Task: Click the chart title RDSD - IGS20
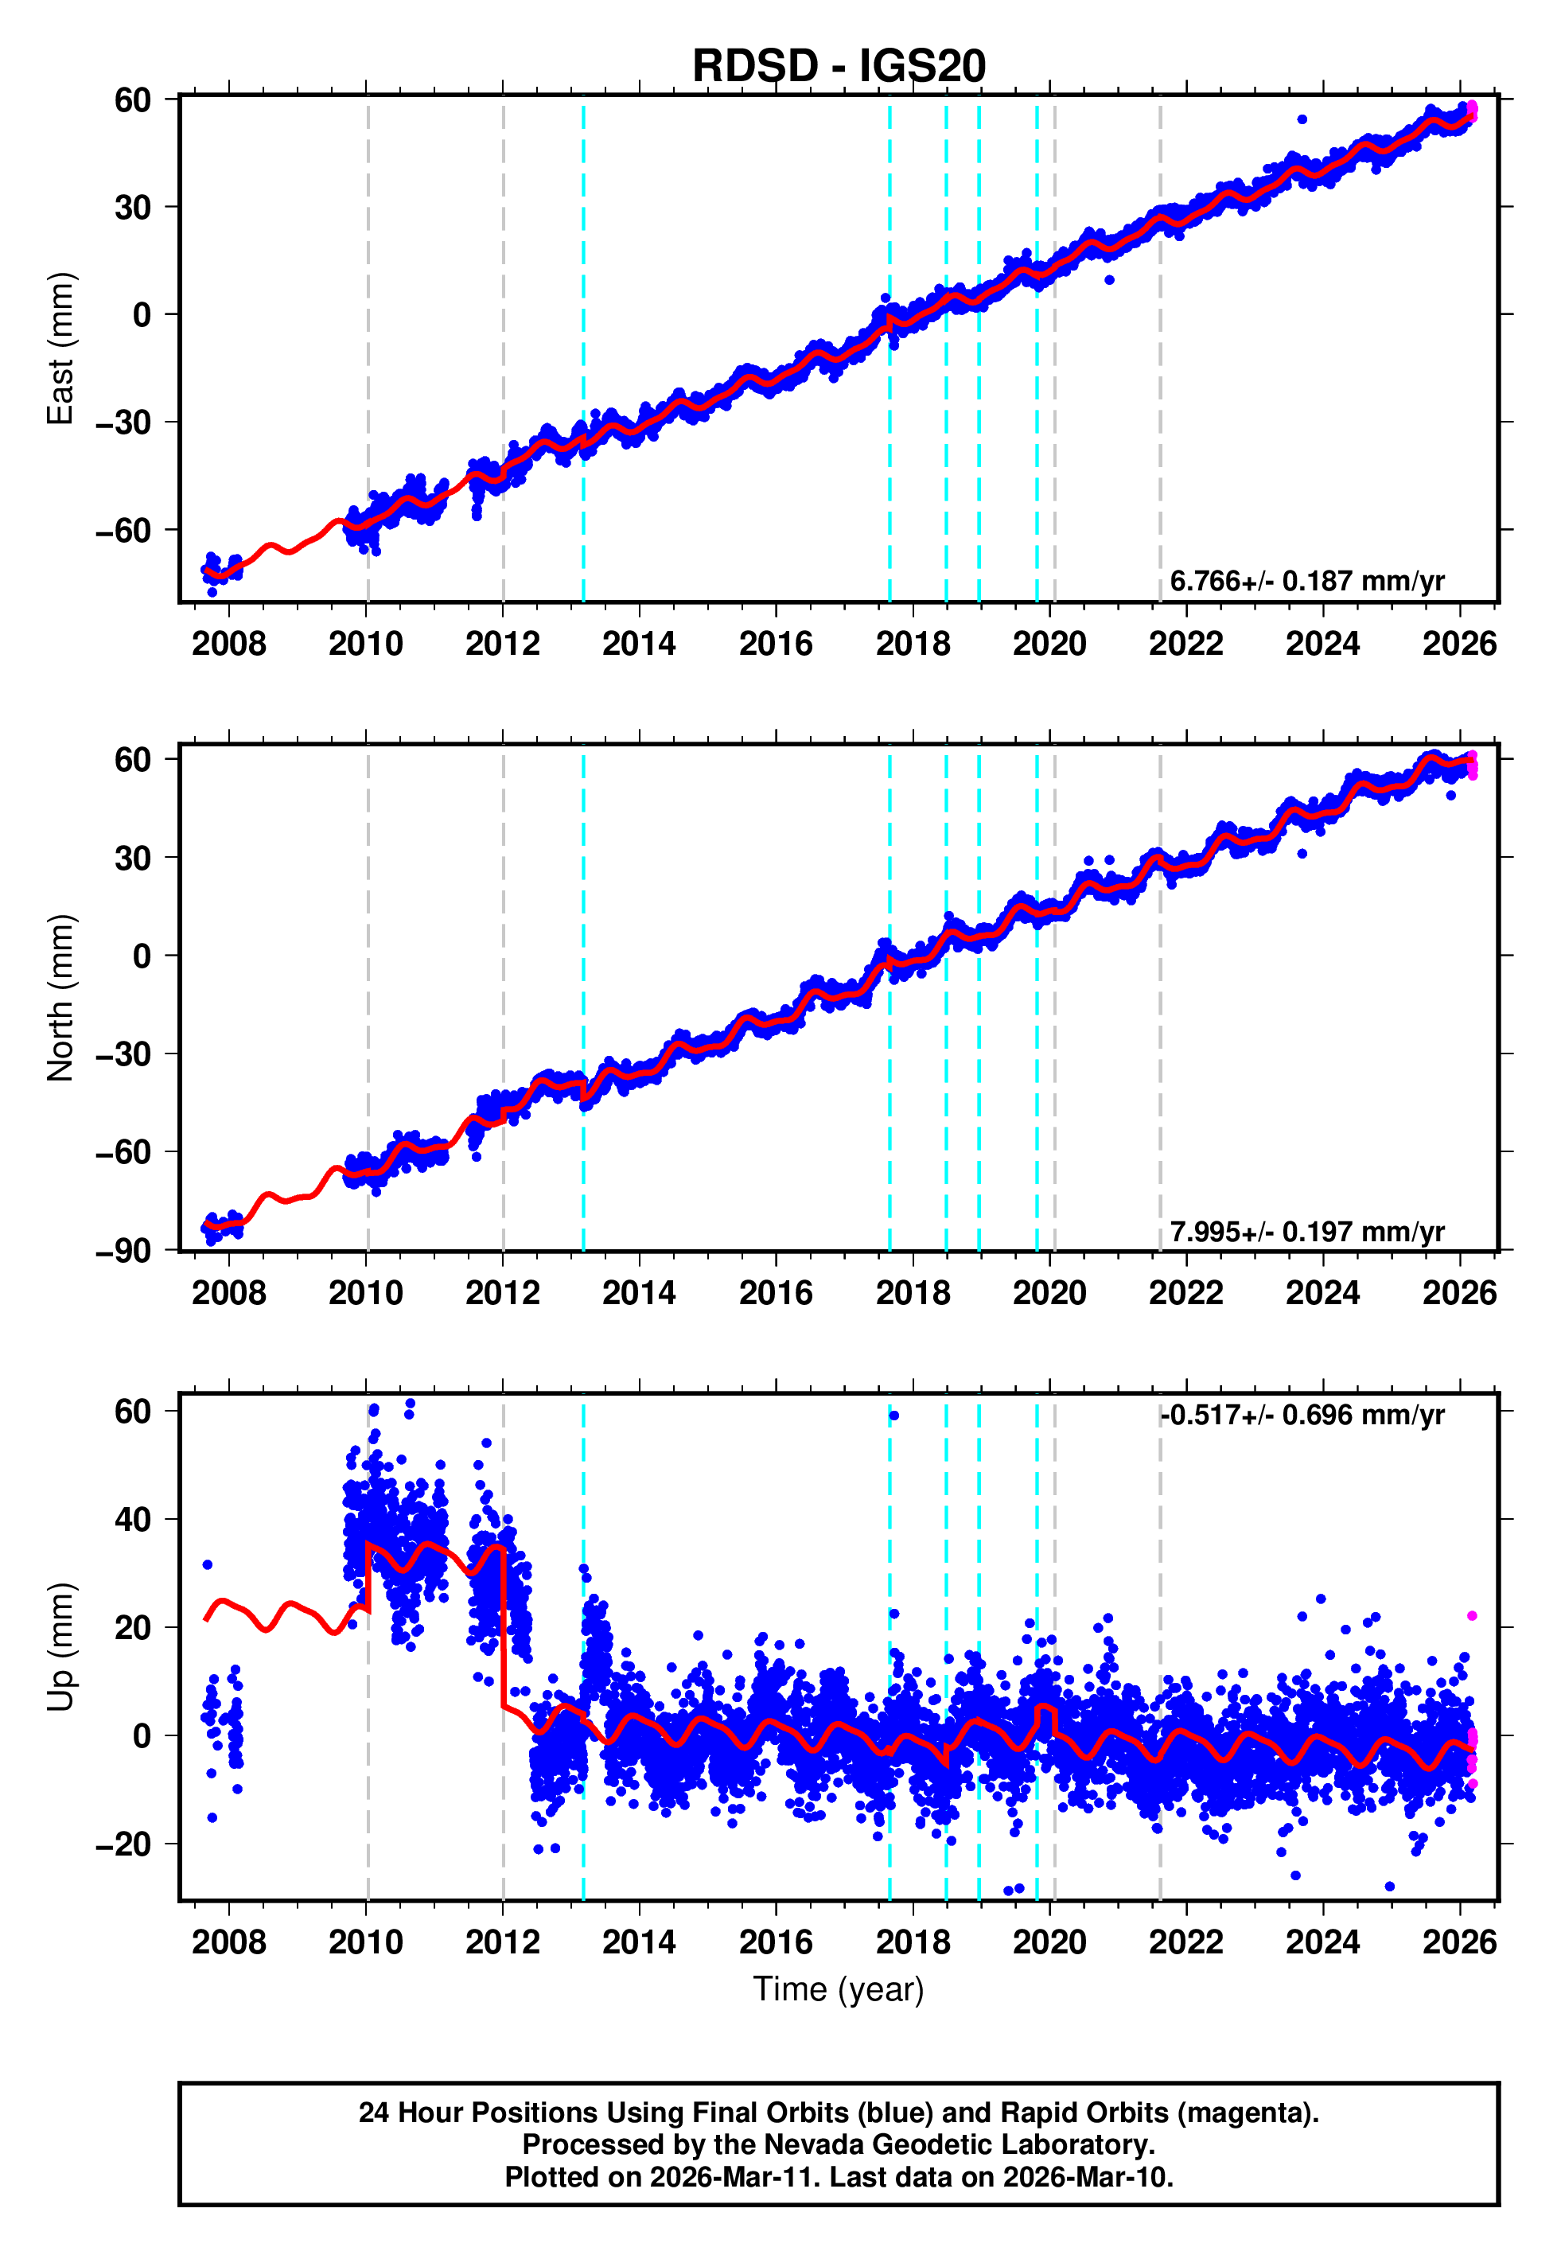click(839, 67)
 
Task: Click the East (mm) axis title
click(60, 349)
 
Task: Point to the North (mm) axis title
click(60, 998)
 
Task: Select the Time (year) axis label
click(839, 1990)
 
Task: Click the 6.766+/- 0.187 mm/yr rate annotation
click(1306, 581)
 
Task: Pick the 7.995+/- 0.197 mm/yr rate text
click(1306, 1232)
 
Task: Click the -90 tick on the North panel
click(123, 1252)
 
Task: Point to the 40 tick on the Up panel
click(133, 1520)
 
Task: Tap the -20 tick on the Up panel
click(123, 1845)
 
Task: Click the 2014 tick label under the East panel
click(639, 645)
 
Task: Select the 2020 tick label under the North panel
click(1049, 1294)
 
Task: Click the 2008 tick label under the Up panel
click(229, 1942)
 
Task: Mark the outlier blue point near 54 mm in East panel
click(1302, 119)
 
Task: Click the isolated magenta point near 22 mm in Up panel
click(1472, 1616)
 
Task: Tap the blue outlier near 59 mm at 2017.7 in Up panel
click(894, 1416)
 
